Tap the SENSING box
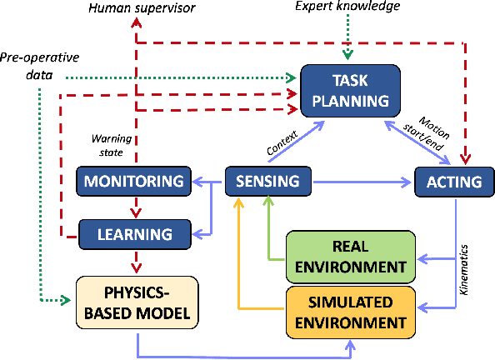tap(268, 182)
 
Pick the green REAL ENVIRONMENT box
tap(350, 257)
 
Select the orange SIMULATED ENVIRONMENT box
tap(350, 312)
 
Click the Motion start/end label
tap(433, 128)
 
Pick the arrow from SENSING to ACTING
tap(362, 181)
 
